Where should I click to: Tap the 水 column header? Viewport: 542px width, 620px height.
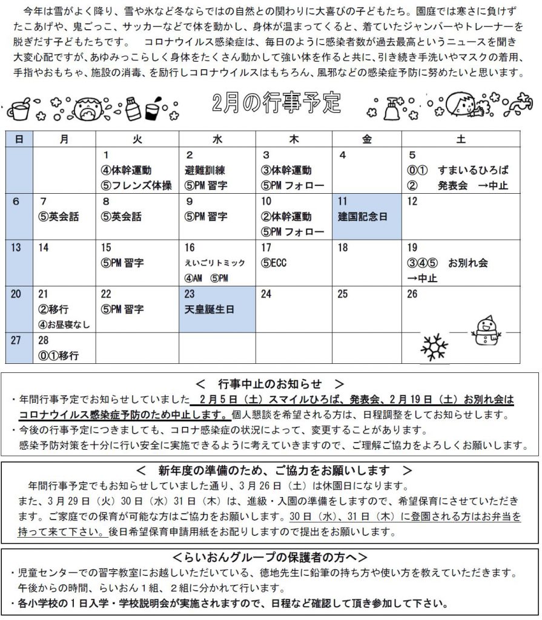pos(217,139)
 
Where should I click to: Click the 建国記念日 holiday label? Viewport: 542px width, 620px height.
pos(363,217)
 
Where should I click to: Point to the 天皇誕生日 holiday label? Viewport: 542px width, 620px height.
pos(210,309)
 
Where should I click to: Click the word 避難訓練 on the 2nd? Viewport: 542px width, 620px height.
pos(205,170)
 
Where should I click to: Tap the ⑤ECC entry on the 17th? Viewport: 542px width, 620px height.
pos(274,263)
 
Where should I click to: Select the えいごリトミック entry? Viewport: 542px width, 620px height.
pos(215,263)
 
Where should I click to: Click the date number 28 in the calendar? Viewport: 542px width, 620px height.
pos(43,341)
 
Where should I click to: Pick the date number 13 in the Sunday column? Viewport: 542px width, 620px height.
pos(17,247)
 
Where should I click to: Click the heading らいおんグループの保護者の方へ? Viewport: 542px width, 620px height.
pos(270,557)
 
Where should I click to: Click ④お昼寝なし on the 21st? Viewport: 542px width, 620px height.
pos(64,325)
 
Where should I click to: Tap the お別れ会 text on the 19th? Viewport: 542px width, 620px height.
pos(468,263)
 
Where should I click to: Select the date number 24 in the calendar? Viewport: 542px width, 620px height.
pos(266,294)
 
